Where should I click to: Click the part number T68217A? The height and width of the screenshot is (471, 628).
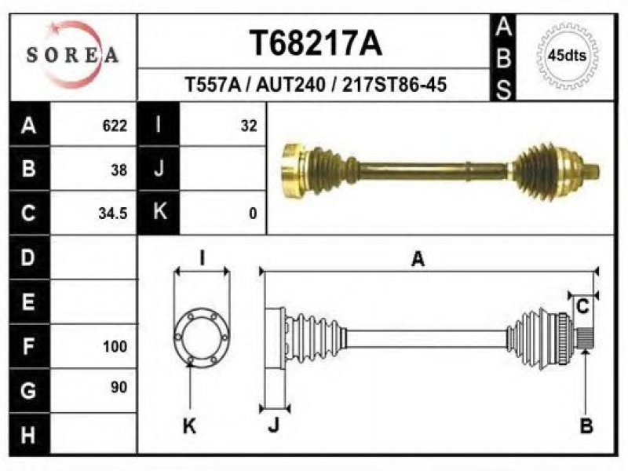click(x=316, y=43)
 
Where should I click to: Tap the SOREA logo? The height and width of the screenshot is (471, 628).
click(x=73, y=54)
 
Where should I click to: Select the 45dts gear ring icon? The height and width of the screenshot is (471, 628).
click(x=567, y=55)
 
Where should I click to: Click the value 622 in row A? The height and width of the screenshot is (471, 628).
click(x=115, y=126)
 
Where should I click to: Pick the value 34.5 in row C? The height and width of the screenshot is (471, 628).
click(x=113, y=214)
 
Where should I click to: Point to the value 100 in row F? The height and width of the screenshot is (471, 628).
click(x=115, y=346)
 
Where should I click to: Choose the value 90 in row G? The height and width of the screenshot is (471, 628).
click(x=119, y=387)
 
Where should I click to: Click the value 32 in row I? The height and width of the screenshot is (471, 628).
click(x=249, y=126)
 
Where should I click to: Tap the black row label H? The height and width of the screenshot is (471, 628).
click(x=29, y=435)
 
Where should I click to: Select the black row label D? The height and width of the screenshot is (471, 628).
click(x=29, y=257)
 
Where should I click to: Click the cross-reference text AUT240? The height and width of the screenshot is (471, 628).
click(x=290, y=85)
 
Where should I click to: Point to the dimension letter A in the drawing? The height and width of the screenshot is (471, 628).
click(x=418, y=259)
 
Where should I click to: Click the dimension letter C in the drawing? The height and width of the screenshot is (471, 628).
click(x=582, y=307)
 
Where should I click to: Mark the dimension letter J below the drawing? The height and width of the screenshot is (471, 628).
click(x=273, y=425)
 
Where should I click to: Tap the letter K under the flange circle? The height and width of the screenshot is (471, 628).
click(x=189, y=425)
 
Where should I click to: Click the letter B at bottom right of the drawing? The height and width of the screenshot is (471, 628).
click(x=586, y=425)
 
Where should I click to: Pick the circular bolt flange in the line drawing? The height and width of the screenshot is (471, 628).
click(x=202, y=337)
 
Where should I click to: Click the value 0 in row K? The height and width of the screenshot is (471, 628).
click(x=253, y=214)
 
